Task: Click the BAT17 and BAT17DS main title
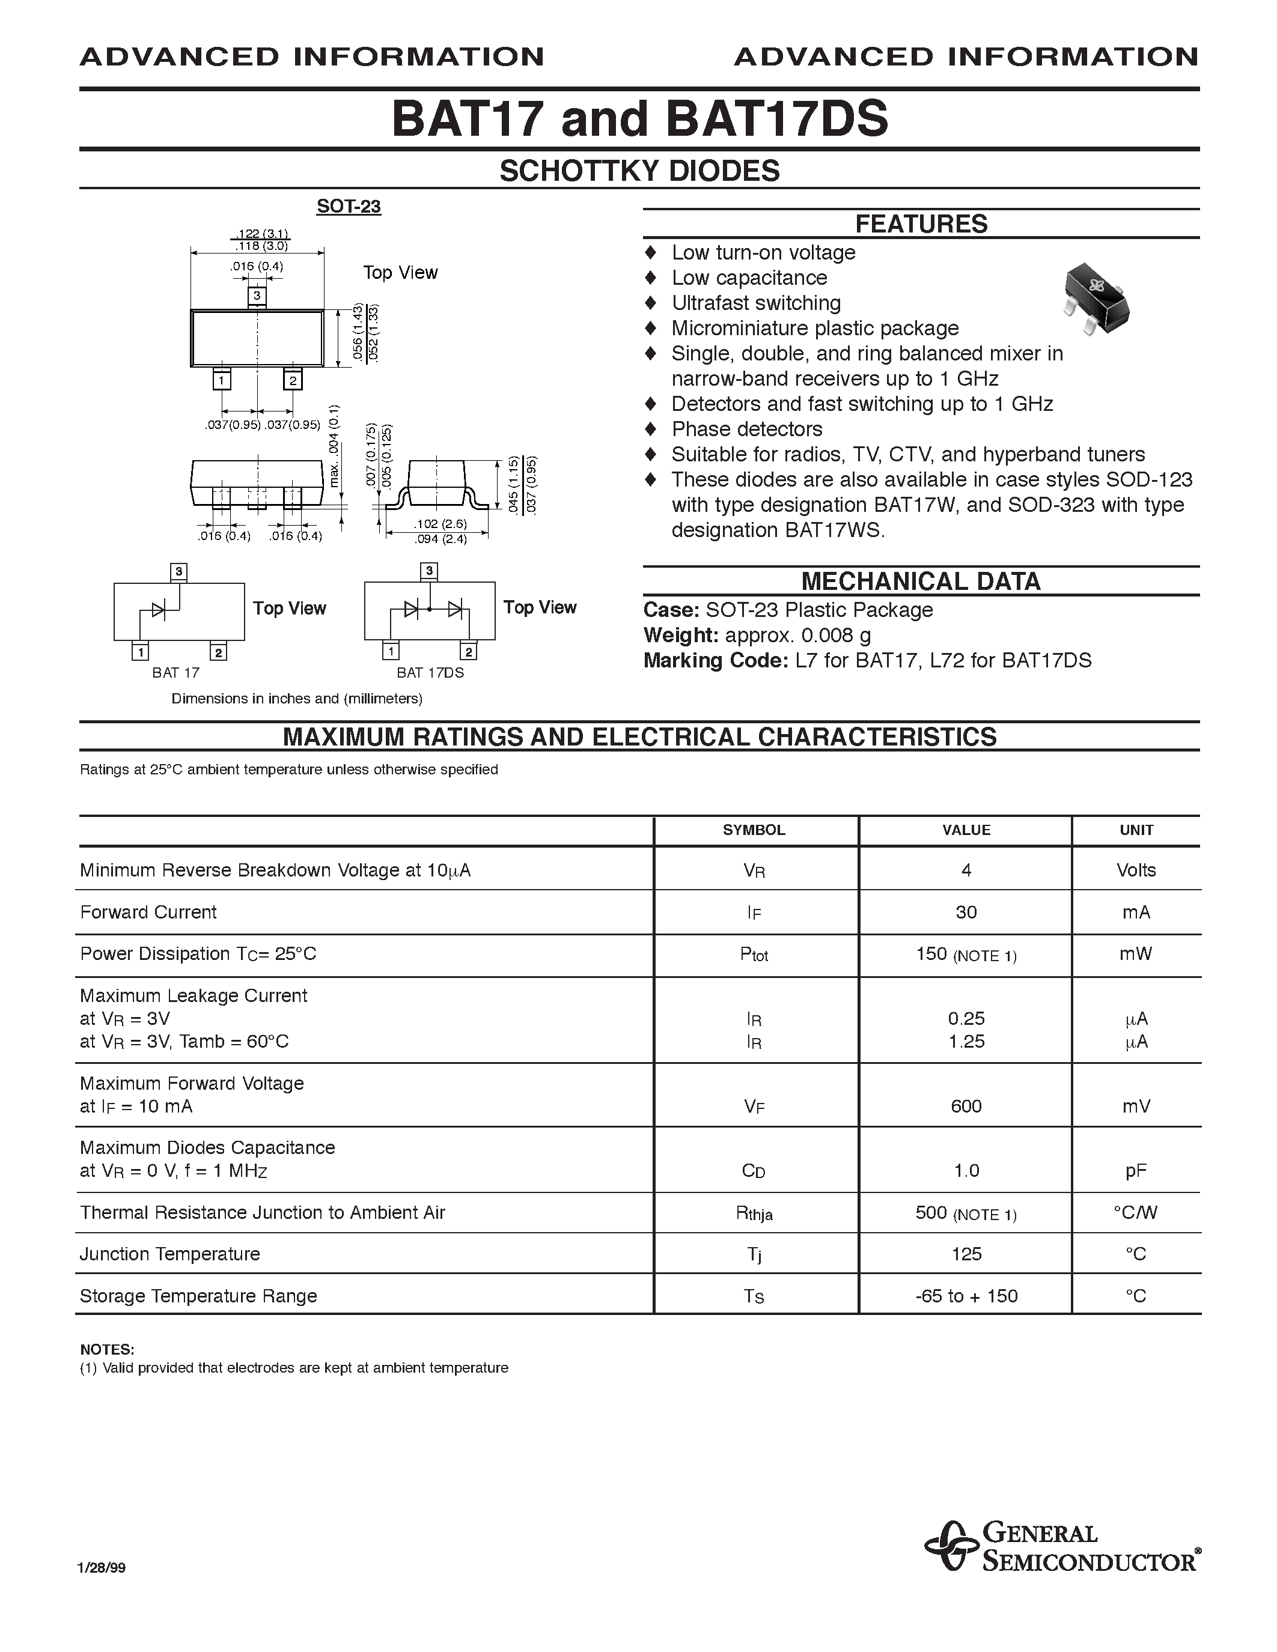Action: (639, 120)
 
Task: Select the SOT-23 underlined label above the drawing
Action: (348, 207)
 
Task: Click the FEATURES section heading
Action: (921, 224)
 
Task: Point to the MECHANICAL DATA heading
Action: (921, 581)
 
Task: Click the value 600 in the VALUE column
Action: (966, 1106)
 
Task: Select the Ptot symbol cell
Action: (754, 955)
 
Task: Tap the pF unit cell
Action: (1136, 1171)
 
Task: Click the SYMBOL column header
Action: (754, 830)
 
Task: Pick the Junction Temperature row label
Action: (170, 1254)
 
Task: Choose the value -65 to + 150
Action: (966, 1296)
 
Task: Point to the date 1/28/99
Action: (102, 1568)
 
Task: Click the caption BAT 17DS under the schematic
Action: (430, 672)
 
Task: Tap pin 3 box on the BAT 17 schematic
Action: (178, 571)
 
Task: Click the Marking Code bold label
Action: (716, 660)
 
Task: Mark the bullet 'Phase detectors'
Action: (747, 429)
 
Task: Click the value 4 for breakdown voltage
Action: (966, 870)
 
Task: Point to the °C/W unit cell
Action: (1136, 1212)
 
